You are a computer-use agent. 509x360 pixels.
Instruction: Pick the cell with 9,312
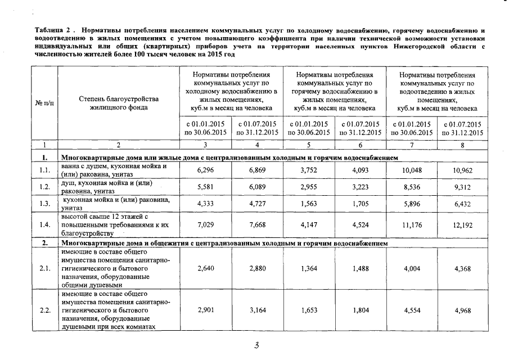point(463,187)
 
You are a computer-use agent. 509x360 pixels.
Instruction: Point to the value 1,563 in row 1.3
point(309,204)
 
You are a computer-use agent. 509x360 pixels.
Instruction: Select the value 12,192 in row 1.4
point(463,226)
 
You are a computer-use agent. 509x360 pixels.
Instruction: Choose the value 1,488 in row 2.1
point(361,269)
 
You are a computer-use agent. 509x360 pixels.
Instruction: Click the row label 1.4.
point(45,226)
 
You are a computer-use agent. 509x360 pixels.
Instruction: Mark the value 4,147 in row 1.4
point(309,226)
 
